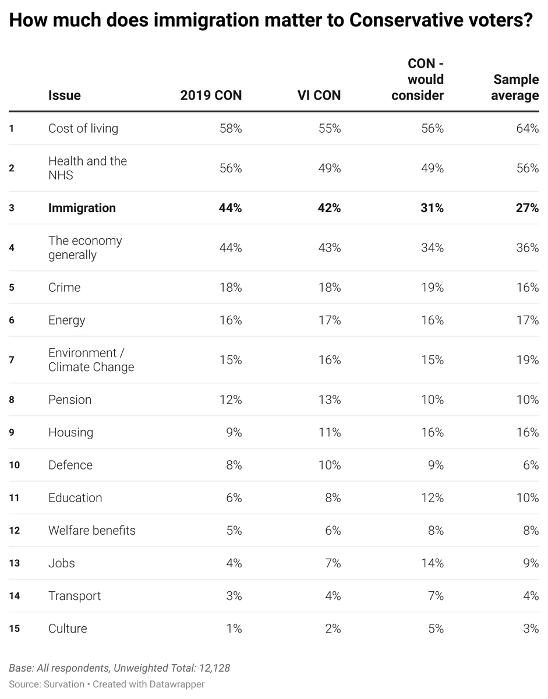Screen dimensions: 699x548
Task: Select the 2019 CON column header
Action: (x=210, y=96)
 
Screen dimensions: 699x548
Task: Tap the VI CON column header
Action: (x=319, y=96)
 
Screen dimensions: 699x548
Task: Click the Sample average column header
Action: (x=515, y=87)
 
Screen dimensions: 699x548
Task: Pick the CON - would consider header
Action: (x=418, y=79)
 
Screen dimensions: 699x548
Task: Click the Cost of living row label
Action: (x=83, y=129)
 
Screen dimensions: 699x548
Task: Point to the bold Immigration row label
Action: (x=82, y=208)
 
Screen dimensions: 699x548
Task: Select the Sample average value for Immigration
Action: (x=527, y=208)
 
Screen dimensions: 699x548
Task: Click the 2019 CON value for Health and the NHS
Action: (x=231, y=168)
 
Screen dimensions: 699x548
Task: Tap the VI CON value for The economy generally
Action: (x=330, y=248)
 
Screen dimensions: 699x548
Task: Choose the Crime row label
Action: (x=64, y=288)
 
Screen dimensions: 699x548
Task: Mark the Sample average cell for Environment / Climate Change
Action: (x=527, y=360)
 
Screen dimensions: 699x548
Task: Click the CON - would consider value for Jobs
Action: (x=432, y=563)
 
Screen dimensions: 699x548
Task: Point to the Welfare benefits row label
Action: (x=91, y=531)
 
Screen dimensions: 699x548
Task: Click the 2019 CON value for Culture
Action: (x=233, y=629)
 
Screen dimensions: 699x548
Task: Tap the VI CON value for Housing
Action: (x=330, y=432)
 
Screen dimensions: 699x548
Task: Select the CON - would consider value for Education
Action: (x=432, y=498)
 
